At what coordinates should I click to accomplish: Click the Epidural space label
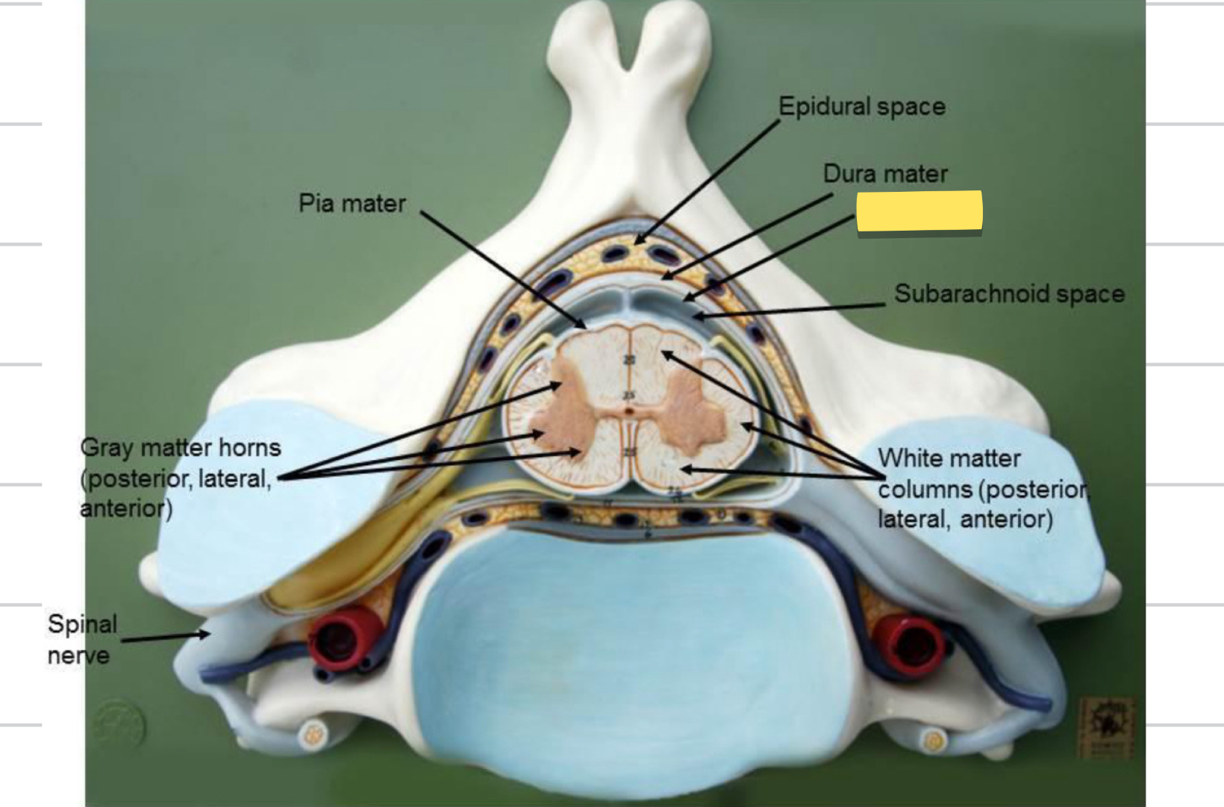point(862,107)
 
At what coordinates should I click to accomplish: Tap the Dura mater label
point(885,174)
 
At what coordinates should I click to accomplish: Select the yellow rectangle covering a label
point(919,211)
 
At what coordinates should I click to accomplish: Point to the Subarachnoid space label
point(1009,293)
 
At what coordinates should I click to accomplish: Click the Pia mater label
point(352,203)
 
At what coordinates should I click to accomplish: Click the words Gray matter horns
point(181,448)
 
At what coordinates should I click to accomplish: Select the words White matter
point(949,458)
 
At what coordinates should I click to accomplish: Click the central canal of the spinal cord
point(630,411)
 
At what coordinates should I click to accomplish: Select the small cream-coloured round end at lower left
point(313,736)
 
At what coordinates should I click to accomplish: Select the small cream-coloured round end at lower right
point(933,741)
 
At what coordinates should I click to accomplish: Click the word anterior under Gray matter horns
point(125,509)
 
